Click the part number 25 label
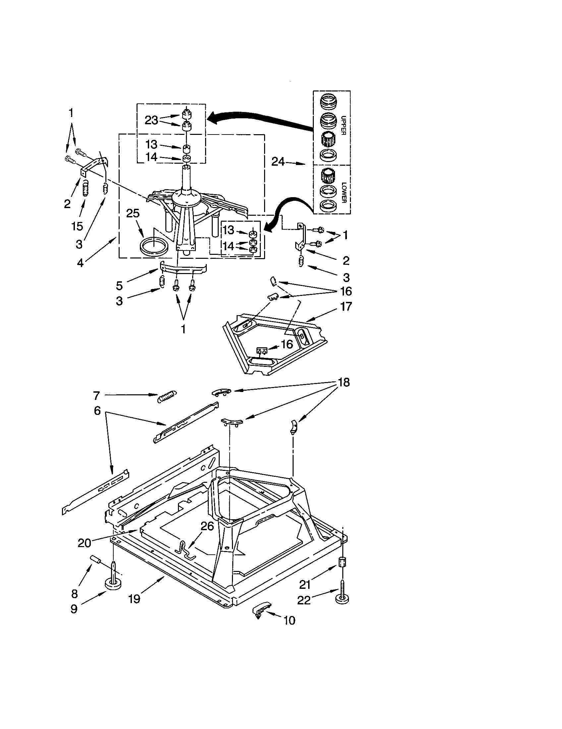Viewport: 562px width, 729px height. point(133,213)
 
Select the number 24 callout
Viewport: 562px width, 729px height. point(278,162)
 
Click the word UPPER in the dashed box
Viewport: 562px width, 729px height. point(343,125)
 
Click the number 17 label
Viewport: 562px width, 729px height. point(346,306)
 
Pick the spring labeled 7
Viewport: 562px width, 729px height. point(167,396)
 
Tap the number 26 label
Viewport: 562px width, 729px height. point(207,527)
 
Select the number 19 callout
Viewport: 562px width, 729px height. point(134,599)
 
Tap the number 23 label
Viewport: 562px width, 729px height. point(151,120)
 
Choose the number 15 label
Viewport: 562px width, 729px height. point(77,226)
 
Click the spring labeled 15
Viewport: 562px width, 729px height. point(85,189)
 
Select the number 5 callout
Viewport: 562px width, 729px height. point(119,285)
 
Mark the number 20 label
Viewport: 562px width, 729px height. point(84,543)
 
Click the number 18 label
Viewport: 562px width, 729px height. point(344,382)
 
